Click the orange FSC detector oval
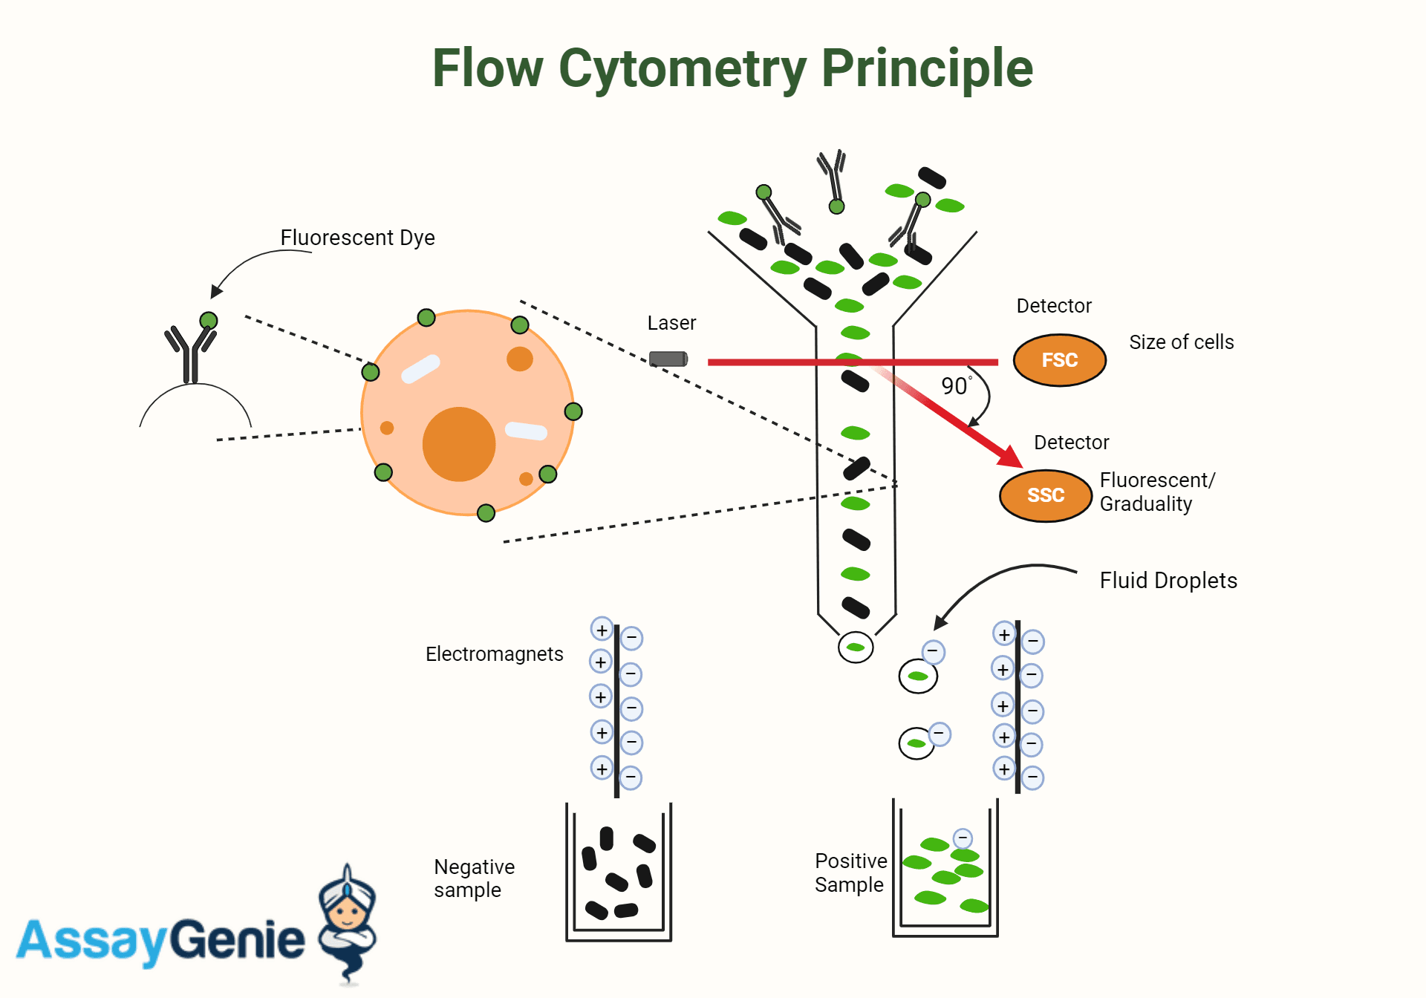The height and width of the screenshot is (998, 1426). click(1059, 360)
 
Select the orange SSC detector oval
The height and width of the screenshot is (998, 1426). click(1045, 495)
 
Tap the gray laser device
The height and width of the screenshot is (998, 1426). click(668, 359)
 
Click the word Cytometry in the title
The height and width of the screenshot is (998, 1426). click(682, 68)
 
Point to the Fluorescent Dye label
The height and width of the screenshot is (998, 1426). click(357, 238)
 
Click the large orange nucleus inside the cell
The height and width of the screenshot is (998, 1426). click(459, 444)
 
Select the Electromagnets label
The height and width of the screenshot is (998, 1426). click(494, 654)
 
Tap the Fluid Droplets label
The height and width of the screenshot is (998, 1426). click(1168, 581)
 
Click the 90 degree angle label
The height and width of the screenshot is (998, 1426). click(956, 386)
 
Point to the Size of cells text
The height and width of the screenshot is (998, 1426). click(1181, 342)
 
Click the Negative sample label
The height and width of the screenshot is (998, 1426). click(474, 878)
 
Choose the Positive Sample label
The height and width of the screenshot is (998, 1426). click(850, 873)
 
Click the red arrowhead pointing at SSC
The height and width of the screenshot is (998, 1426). click(1009, 455)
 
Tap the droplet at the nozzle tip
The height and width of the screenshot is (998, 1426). click(856, 648)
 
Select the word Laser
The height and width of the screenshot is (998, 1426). click(671, 323)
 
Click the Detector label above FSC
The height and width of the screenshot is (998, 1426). click(1053, 306)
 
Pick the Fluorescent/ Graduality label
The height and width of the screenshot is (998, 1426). click(1156, 492)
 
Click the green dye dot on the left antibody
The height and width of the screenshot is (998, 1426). click(209, 321)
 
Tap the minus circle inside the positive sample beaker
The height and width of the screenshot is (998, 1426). click(963, 838)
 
